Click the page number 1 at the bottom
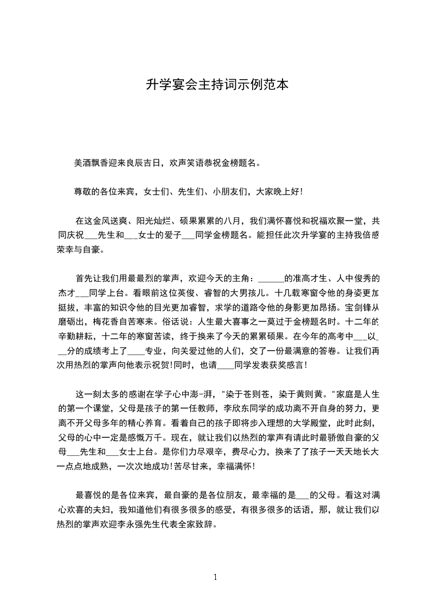(215, 577)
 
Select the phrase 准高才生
(306, 279)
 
